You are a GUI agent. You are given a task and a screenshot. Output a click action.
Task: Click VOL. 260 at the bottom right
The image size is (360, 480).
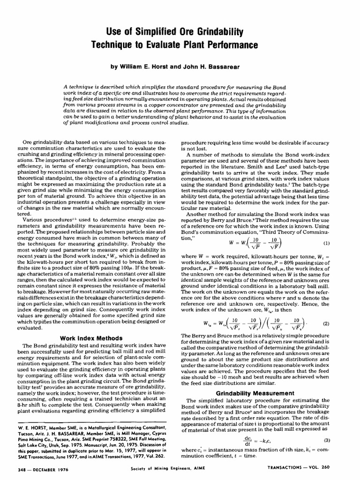click(x=332, y=468)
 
